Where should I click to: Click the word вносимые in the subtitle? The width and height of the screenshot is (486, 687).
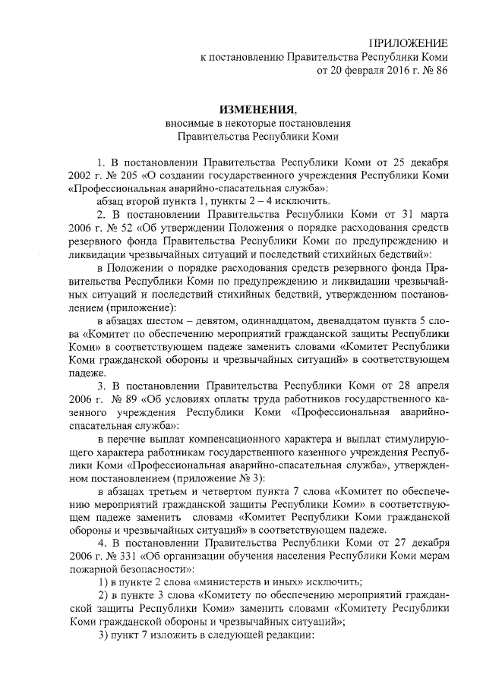187,123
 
